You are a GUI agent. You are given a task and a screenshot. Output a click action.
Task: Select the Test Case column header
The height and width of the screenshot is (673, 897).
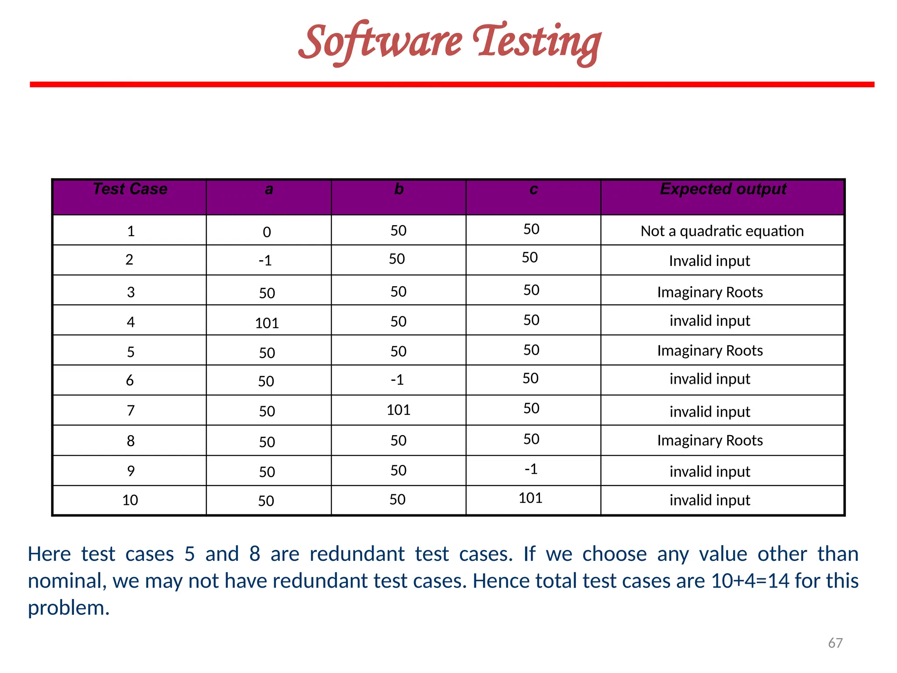pyautogui.click(x=130, y=189)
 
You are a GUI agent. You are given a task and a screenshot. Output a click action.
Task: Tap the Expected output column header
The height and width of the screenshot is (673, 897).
pyautogui.click(x=723, y=189)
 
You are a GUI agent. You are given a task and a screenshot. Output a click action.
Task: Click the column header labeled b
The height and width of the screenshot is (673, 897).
pyautogui.click(x=399, y=189)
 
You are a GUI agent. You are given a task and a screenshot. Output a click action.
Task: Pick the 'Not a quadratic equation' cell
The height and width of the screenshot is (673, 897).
pyautogui.click(x=722, y=231)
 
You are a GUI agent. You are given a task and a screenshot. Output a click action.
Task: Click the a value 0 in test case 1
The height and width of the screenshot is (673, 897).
pyautogui.click(x=267, y=232)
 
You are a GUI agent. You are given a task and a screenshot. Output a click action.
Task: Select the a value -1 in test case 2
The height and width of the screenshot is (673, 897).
pyautogui.click(x=265, y=261)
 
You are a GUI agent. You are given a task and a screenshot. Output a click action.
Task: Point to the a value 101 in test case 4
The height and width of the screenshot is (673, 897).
pyautogui.click(x=267, y=323)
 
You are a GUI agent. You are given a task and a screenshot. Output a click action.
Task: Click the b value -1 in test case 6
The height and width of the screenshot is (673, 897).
pyautogui.click(x=397, y=379)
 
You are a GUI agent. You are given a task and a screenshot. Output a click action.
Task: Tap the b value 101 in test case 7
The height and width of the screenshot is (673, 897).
pyautogui.click(x=399, y=410)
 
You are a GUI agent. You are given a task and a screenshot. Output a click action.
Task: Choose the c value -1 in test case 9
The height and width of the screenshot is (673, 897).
pyautogui.click(x=531, y=469)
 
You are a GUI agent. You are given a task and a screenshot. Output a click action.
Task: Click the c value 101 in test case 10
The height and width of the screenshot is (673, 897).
pyautogui.click(x=530, y=498)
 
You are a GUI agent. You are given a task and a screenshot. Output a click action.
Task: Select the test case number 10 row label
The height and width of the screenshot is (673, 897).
pyautogui.click(x=130, y=500)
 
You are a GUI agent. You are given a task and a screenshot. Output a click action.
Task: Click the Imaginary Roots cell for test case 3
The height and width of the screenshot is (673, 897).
pyautogui.click(x=710, y=292)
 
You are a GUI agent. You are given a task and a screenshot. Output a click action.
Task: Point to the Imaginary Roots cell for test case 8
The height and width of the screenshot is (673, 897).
pyautogui.click(x=710, y=440)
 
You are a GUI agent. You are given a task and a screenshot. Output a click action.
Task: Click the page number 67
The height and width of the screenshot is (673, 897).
pyautogui.click(x=835, y=643)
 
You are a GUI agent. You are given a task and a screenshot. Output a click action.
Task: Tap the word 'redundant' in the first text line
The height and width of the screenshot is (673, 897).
pyautogui.click(x=357, y=554)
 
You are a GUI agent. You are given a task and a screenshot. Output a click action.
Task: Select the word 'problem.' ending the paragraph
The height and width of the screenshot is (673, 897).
pyautogui.click(x=69, y=608)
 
